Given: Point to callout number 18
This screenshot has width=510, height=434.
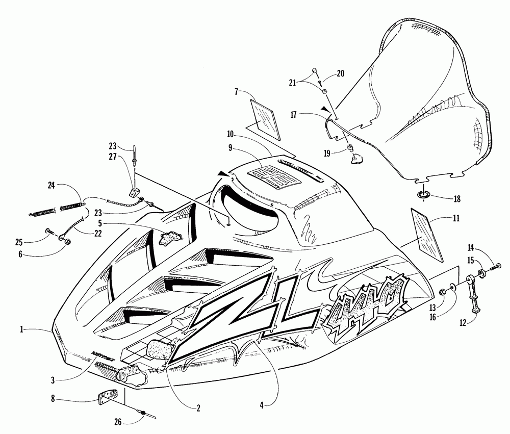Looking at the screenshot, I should tap(443, 198).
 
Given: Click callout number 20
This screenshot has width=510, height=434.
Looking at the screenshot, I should tap(340, 73).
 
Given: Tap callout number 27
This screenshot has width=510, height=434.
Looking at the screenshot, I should tap(113, 158).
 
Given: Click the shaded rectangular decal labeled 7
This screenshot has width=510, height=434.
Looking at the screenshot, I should tap(265, 118).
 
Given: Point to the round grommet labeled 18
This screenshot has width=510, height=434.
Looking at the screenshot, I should tap(423, 195).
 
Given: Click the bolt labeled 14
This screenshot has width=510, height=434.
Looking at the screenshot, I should tap(495, 266).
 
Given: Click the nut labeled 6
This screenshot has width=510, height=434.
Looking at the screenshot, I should tap(66, 240).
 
